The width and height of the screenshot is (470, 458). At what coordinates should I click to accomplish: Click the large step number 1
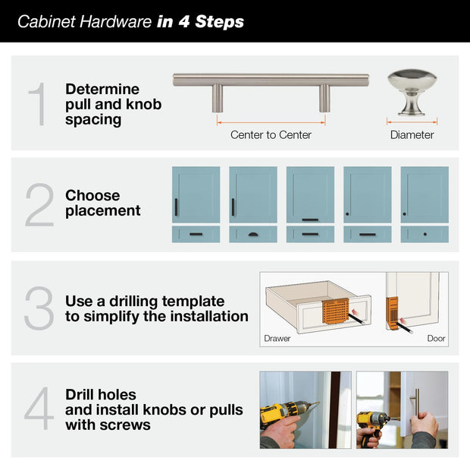tap(37, 104)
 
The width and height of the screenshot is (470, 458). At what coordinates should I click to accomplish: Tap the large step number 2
tap(39, 205)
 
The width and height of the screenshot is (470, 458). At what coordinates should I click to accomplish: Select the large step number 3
tap(39, 308)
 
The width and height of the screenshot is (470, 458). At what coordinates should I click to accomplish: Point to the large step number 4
tap(39, 409)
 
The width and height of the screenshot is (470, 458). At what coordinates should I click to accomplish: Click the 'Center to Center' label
tap(271, 135)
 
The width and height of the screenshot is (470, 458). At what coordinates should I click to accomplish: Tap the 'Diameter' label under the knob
tap(412, 135)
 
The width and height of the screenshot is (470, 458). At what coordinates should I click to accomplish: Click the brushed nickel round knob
tap(412, 90)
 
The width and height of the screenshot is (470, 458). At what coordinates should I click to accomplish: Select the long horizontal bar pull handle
tap(271, 80)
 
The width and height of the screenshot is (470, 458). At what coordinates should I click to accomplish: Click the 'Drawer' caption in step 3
tap(277, 339)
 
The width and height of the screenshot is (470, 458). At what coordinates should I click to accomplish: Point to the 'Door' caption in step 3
tap(436, 339)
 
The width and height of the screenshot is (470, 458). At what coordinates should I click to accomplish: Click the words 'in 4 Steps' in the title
tap(201, 21)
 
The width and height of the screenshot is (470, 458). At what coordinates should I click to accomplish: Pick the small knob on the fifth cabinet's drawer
tap(425, 234)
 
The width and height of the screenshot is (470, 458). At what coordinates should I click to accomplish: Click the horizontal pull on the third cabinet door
tap(310, 220)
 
